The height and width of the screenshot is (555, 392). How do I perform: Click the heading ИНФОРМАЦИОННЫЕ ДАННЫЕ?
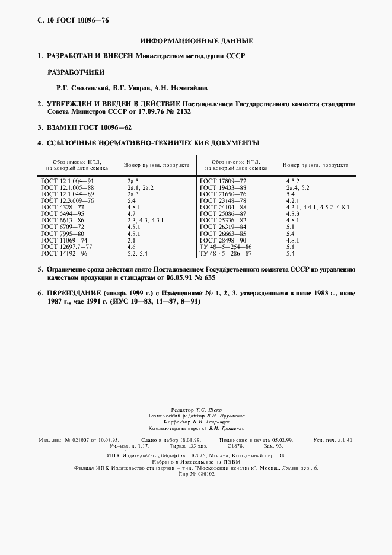pyautogui.click(x=196, y=41)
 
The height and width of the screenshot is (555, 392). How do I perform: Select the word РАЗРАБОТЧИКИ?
pyautogui.click(x=76, y=73)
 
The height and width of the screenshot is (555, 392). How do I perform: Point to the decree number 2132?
pyautogui.click(x=179, y=111)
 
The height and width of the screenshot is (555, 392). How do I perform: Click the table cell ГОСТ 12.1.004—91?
pyautogui.click(x=68, y=180)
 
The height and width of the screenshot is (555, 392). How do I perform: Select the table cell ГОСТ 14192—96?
pyautogui.click(x=65, y=253)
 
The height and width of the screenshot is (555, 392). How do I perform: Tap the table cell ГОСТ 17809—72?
pyautogui.click(x=222, y=180)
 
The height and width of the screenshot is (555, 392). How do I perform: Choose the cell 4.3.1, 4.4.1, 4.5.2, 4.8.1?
pyautogui.click(x=317, y=208)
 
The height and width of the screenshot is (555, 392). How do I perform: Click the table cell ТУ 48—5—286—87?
pyautogui.click(x=226, y=253)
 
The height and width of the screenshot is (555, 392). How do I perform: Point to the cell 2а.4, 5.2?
pyautogui.click(x=298, y=187)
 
